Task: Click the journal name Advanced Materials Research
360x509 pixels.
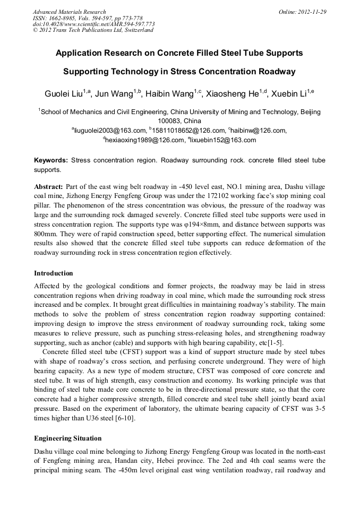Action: click(69, 12)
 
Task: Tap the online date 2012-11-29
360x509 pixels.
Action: click(311, 12)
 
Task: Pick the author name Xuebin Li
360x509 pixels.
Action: click(288, 94)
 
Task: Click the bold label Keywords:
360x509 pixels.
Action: click(51, 160)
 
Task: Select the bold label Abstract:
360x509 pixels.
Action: click(49, 187)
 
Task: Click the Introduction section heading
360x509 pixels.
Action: click(54, 273)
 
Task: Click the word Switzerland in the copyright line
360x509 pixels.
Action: click(136, 30)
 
